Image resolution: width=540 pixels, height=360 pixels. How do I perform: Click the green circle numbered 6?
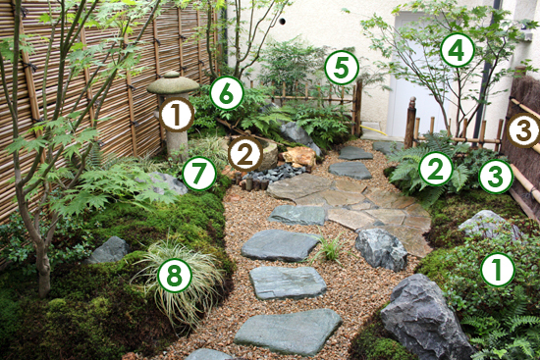227,93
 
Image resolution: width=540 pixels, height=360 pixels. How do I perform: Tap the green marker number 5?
341,67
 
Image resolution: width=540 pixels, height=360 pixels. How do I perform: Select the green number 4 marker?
457,49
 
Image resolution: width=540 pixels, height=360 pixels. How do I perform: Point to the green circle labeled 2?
436,169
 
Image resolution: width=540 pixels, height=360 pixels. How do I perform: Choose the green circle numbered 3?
496,177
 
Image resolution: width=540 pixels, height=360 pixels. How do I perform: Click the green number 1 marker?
498,269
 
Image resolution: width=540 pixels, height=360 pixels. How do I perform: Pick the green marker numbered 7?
199,174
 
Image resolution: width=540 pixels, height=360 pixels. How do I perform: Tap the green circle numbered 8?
174,276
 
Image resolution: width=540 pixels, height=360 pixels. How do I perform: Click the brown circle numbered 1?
177,116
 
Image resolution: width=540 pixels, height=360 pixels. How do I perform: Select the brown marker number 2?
244,153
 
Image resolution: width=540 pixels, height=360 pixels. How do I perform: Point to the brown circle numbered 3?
522,129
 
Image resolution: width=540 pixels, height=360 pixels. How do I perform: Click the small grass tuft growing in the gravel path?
329,249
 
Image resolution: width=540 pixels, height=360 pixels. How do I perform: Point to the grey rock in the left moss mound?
109,250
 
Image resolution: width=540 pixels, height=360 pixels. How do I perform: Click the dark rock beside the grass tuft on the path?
381,248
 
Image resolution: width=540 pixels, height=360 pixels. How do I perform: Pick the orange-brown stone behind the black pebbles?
299,157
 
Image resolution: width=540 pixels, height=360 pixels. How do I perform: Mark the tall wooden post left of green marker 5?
357,107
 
